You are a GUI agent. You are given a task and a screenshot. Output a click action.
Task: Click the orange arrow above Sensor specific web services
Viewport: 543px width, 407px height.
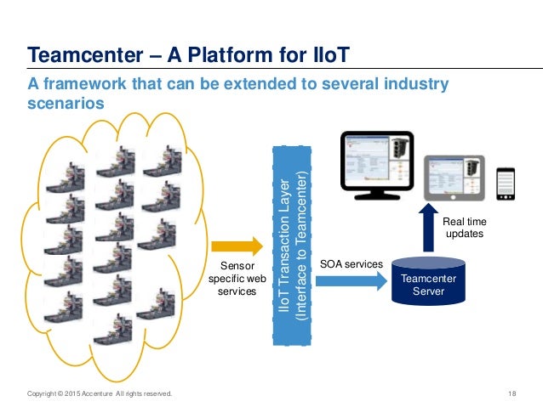point(237,246)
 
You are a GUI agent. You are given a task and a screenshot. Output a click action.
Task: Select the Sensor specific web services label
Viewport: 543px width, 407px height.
point(232,279)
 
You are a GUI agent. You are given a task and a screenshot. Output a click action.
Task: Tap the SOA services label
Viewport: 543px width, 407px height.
point(351,264)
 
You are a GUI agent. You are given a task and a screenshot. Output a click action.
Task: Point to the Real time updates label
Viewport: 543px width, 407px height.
point(466,227)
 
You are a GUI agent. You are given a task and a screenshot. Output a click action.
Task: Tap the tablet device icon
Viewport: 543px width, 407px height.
point(454,179)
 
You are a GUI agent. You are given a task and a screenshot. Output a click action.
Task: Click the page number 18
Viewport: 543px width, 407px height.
point(512,393)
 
